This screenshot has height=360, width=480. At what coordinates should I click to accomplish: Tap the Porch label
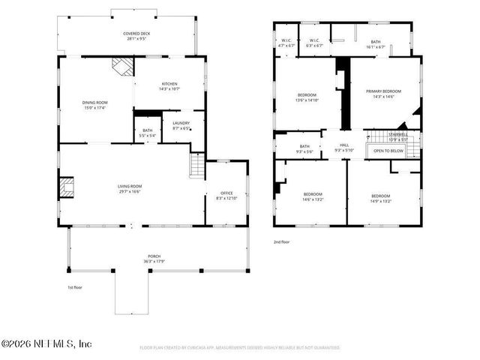pyautogui.click(x=154, y=258)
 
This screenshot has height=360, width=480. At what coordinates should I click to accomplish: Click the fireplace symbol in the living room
pyautogui.click(x=67, y=186)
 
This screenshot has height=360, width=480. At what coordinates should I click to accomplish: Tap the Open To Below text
pyautogui.click(x=388, y=151)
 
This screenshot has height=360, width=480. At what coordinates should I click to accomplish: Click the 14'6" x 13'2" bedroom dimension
pyautogui.click(x=313, y=200)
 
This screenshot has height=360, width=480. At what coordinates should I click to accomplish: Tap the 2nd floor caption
pyautogui.click(x=282, y=242)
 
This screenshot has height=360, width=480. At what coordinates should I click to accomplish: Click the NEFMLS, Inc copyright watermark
pyautogui.click(x=46, y=344)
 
